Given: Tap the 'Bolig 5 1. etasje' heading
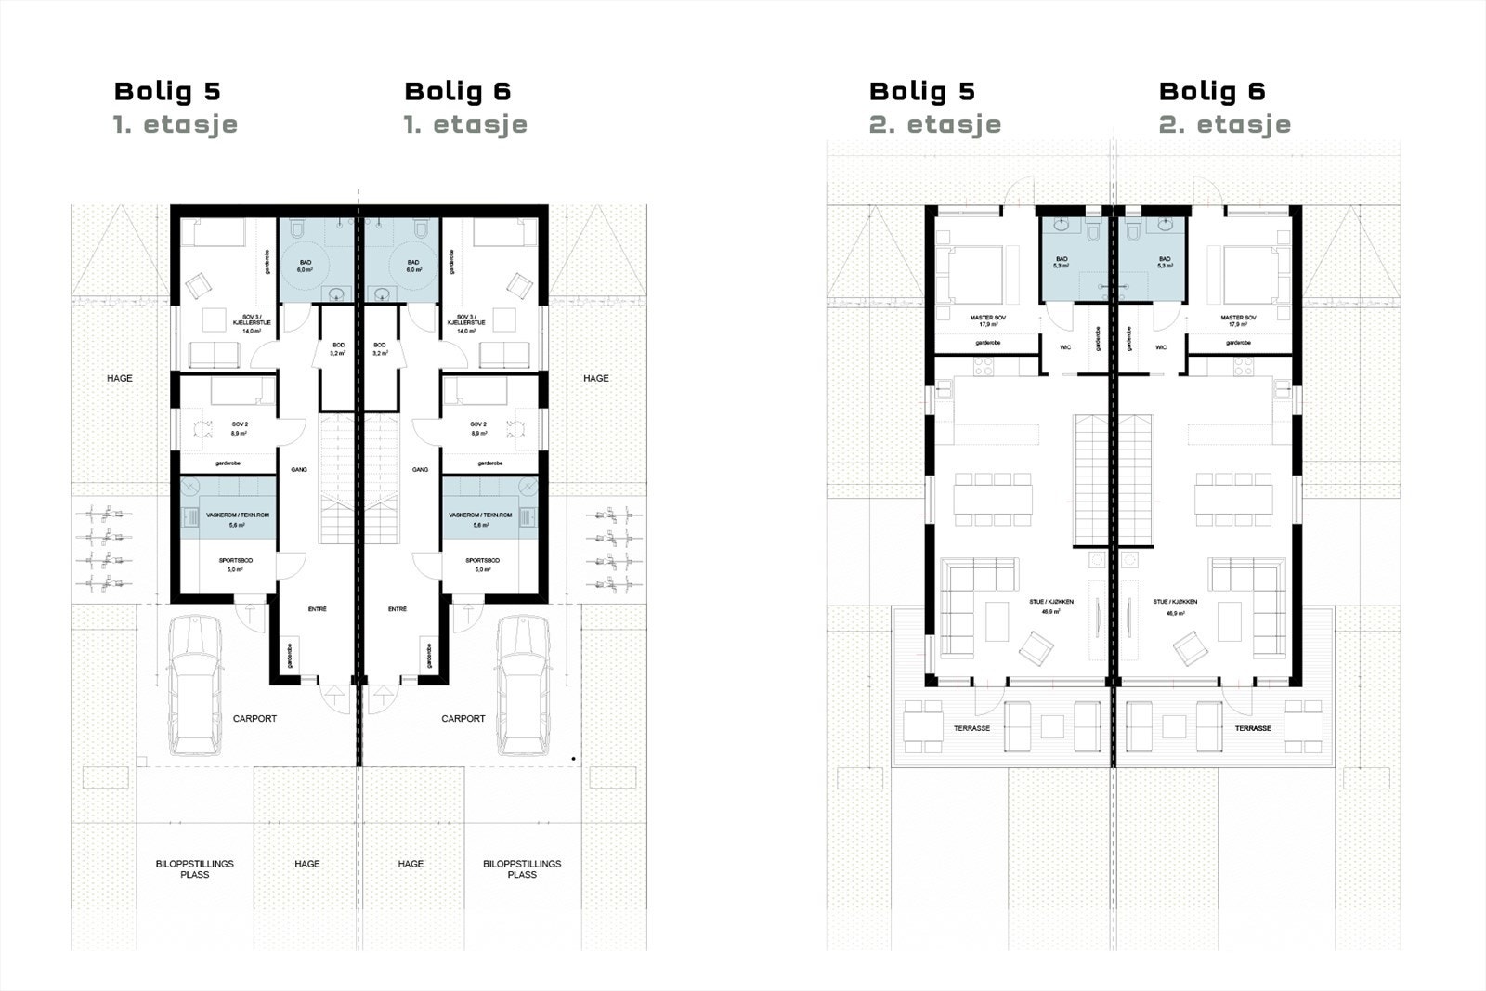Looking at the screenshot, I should coord(175,107).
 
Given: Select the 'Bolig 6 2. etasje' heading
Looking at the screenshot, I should coord(1224,107).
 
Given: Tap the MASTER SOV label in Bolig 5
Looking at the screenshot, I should coord(987,321).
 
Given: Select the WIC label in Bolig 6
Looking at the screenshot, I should coord(1161,347).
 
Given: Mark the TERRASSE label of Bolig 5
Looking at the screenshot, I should coord(971,728).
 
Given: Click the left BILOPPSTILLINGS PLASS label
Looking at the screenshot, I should coord(195,868).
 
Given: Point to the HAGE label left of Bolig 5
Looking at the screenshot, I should coord(120,378).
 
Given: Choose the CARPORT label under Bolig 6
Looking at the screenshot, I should coord(463,718).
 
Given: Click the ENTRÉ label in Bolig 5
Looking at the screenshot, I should coord(318,609).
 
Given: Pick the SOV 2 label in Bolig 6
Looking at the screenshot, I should coord(478,427).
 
